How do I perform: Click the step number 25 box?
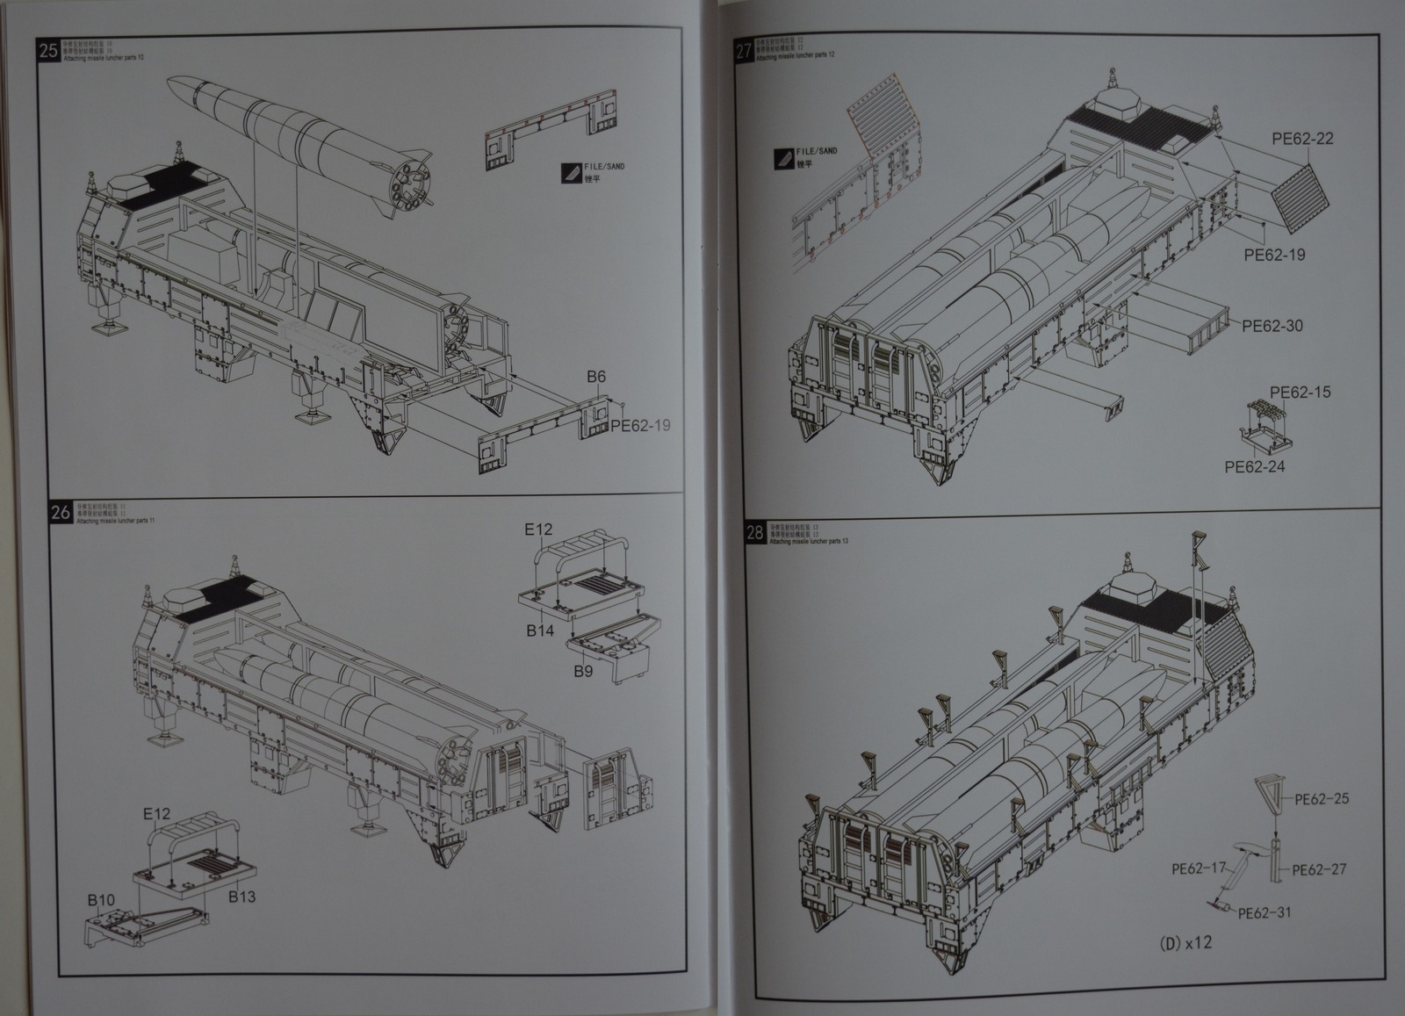pos(49,50)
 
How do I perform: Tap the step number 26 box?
pos(61,513)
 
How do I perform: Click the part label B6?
pos(596,378)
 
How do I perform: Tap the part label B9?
pos(583,672)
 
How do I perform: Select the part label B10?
pos(101,900)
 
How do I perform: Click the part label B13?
pos(241,897)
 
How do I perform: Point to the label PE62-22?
pos(1302,139)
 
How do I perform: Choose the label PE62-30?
pos(1272,326)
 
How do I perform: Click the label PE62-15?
pos(1300,392)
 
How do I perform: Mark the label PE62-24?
pos(1254,466)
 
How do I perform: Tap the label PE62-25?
pos(1322,799)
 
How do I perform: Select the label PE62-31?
pos(1264,912)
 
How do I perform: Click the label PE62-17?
pos(1198,868)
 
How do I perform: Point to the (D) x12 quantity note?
pos(1185,943)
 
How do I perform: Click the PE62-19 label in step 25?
pos(640,426)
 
